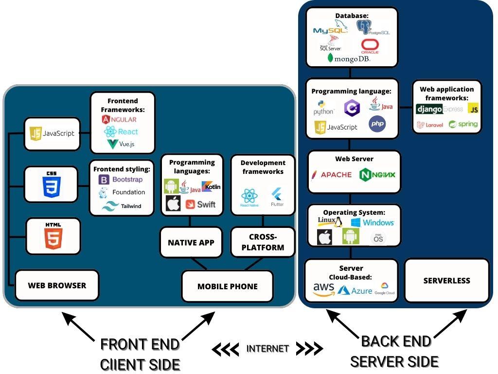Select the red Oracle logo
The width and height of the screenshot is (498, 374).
point(370,46)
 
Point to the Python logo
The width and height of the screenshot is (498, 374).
point(323,108)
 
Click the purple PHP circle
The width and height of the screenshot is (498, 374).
point(377,124)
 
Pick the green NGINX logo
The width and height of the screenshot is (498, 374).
point(377,174)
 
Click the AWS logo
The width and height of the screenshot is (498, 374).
point(323,290)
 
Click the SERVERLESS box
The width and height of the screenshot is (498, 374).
point(446,280)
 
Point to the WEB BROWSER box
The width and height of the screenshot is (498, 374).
point(57,285)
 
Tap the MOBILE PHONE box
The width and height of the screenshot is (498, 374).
point(227,286)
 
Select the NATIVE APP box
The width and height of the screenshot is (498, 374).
point(191,243)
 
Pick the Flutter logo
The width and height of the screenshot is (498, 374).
point(277,196)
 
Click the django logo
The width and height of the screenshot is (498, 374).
point(429,109)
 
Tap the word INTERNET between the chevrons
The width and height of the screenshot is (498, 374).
point(267,349)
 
